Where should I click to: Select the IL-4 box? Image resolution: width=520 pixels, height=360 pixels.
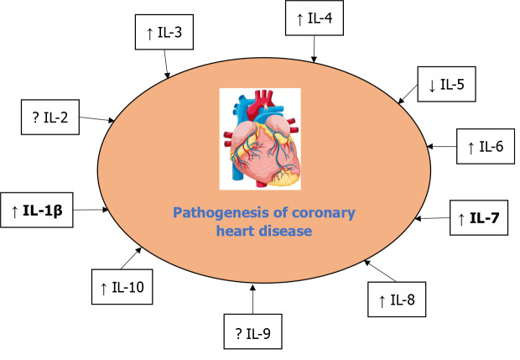314,18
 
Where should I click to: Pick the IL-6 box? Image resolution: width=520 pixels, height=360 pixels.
485,147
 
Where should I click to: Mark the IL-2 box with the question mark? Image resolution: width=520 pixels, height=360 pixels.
49,118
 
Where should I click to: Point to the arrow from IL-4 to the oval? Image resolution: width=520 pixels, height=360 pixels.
314,49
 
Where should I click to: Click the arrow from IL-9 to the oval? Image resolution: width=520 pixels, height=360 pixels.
253,299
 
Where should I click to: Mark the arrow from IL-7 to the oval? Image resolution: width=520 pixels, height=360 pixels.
434,218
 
